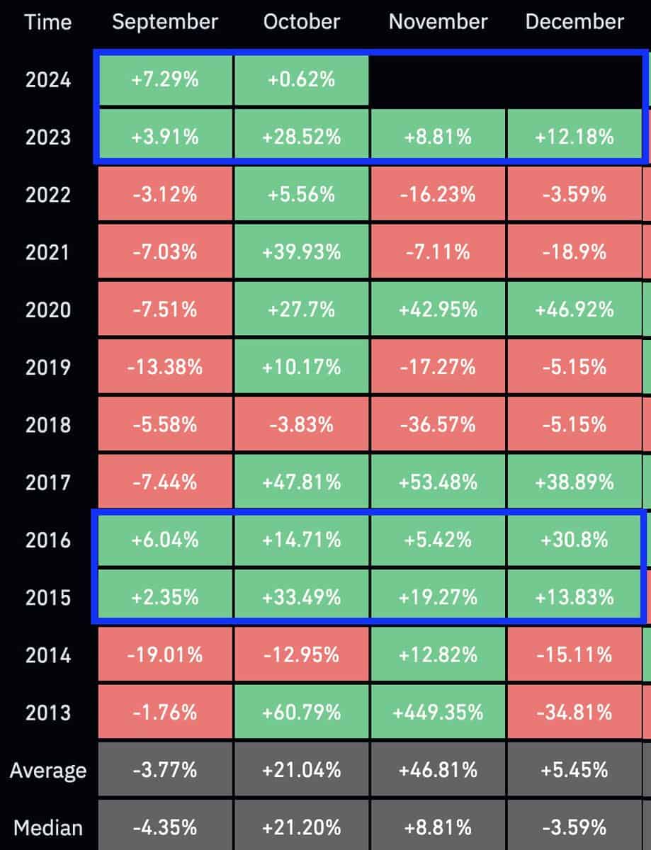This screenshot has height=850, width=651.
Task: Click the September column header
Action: (165, 22)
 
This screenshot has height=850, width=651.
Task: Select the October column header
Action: (302, 22)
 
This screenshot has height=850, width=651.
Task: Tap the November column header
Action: (438, 22)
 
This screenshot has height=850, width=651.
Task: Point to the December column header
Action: (574, 22)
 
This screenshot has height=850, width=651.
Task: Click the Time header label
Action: (48, 22)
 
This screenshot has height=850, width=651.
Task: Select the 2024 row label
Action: (48, 79)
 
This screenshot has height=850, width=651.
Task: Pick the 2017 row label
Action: (48, 482)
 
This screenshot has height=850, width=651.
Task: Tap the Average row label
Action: (48, 770)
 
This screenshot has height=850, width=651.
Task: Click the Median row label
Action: (48, 827)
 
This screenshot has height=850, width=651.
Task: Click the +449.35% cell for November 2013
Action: (438, 713)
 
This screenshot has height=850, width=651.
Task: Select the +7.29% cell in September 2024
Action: (165, 79)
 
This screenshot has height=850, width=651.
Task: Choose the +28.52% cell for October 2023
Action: (302, 136)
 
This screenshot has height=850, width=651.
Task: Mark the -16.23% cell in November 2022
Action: (438, 193)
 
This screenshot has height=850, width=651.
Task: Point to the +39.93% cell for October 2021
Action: (302, 251)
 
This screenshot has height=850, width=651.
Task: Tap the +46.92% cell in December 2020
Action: (574, 309)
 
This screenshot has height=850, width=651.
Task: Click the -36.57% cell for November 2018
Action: (438, 424)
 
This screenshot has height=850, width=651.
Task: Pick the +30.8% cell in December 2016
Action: (574, 540)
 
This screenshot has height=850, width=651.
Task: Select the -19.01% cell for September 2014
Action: (165, 654)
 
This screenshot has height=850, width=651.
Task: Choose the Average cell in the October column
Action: (302, 770)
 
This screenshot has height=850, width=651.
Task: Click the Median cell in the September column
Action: (165, 827)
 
